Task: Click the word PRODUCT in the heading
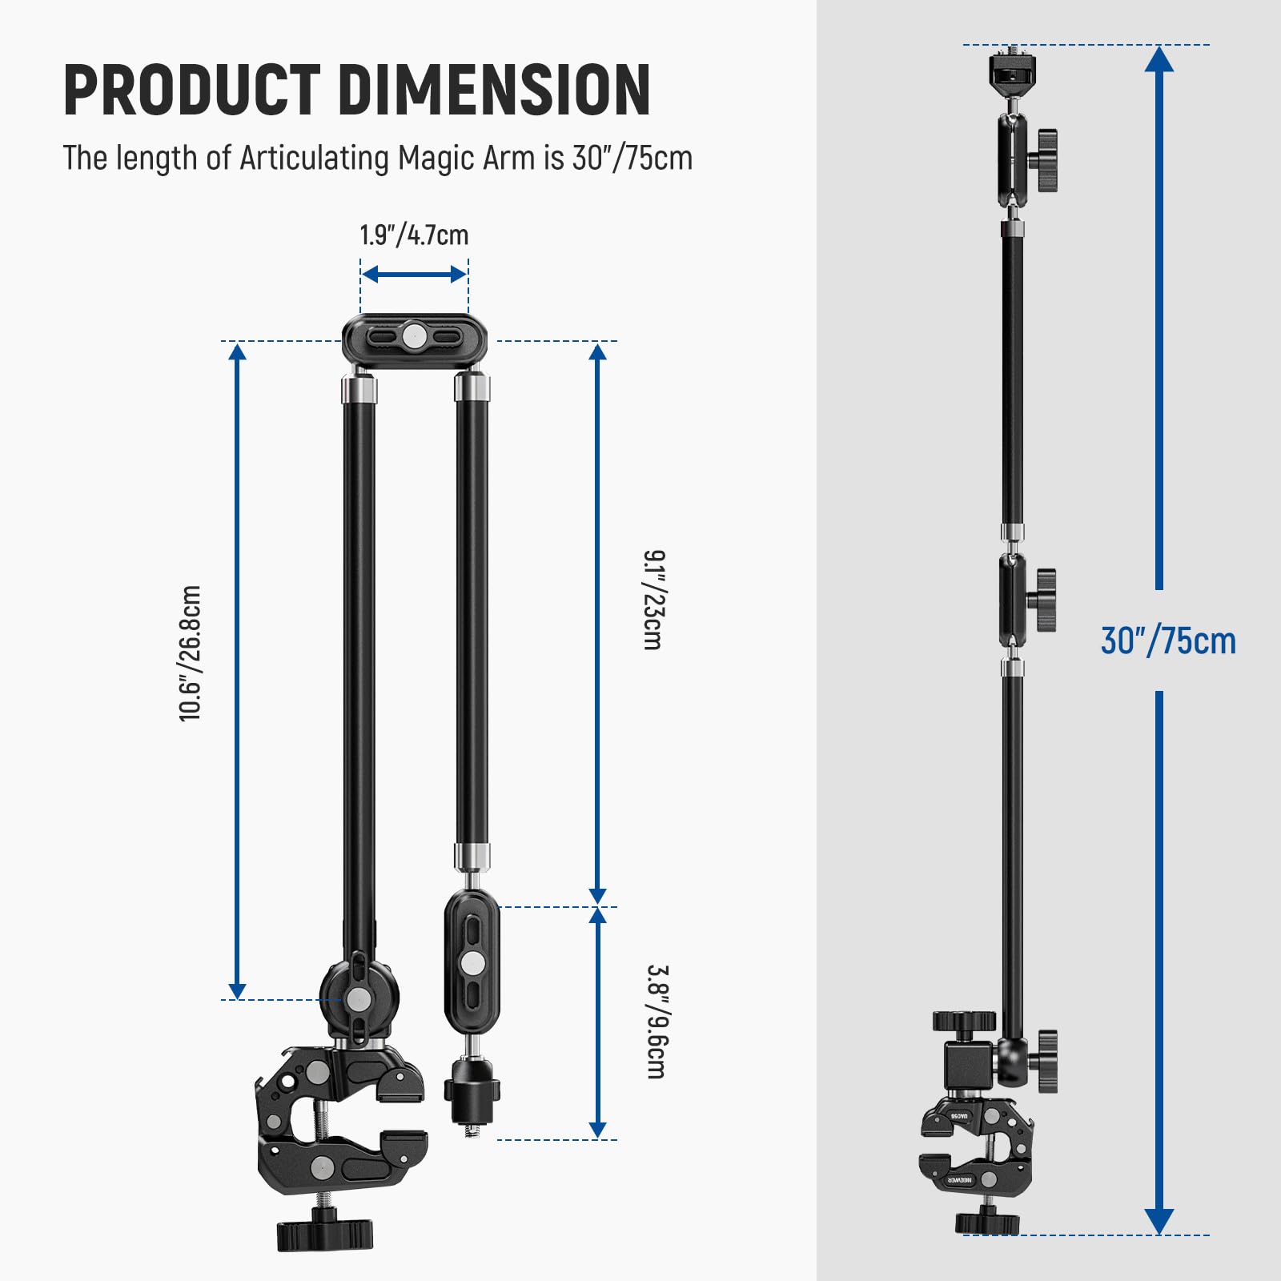(x=192, y=90)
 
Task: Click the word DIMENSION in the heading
(x=494, y=90)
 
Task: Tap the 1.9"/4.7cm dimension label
(x=414, y=235)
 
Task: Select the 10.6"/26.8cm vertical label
(x=191, y=653)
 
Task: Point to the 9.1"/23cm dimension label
(x=654, y=600)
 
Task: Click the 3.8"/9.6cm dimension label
(x=656, y=1022)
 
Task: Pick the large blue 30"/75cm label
(x=1168, y=641)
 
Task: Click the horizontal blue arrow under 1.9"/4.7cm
(x=414, y=275)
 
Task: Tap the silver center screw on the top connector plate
(x=414, y=336)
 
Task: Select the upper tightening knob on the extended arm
(x=1044, y=160)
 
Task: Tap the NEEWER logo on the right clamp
(x=958, y=1181)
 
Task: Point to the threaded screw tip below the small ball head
(x=472, y=1130)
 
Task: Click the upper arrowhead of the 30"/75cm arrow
(x=1159, y=60)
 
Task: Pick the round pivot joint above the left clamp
(x=359, y=998)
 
